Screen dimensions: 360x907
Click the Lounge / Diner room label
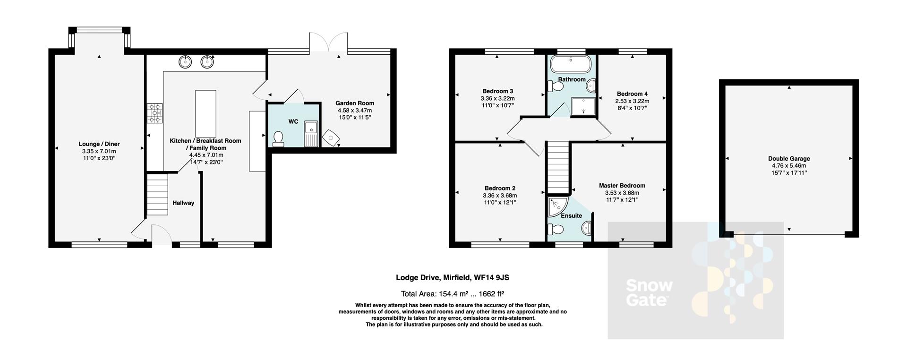point(99,144)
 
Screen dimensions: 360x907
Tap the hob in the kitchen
point(154,113)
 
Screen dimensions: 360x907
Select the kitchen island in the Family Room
point(205,113)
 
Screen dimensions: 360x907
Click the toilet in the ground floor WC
point(278,139)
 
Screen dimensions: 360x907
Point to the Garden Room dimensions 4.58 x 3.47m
point(355,110)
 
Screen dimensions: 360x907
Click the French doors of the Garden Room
point(328,43)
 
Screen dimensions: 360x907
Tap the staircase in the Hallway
point(157,195)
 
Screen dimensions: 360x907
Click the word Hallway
point(183,203)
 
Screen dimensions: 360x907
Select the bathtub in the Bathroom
point(572,63)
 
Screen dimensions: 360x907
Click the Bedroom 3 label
point(497,91)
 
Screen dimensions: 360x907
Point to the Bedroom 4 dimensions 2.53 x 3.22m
point(632,101)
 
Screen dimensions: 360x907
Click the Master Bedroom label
point(622,186)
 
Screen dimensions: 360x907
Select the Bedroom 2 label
point(499,188)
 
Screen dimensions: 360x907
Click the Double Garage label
point(788,159)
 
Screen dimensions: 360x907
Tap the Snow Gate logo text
point(649,292)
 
